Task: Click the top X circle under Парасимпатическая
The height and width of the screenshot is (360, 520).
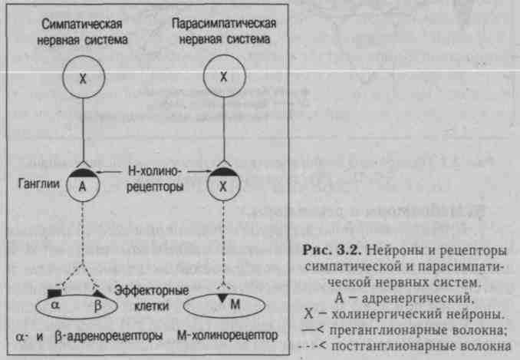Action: tap(223, 77)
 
